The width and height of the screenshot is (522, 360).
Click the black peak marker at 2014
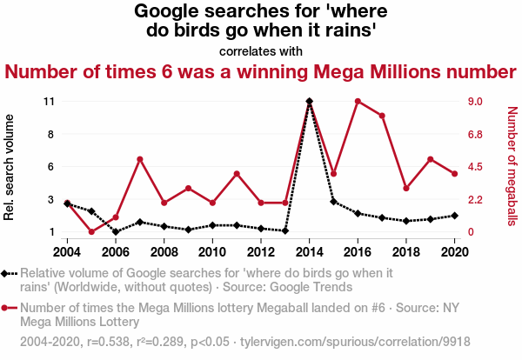tap(310, 102)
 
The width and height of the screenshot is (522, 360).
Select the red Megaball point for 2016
tap(358, 102)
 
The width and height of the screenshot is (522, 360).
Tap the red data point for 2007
tap(140, 159)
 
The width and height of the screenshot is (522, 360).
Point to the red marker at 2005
tap(91, 231)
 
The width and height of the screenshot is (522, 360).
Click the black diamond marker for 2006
tap(116, 232)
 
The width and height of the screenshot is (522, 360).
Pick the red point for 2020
tap(454, 174)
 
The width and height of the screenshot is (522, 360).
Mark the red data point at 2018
tap(406, 188)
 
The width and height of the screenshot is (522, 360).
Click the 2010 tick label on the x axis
tap(212, 251)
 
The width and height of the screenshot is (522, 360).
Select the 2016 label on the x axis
tap(358, 251)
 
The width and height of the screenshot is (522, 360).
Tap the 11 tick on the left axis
tap(49, 102)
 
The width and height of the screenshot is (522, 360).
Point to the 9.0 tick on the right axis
tap(475, 102)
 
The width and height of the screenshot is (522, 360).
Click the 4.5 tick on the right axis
tap(475, 167)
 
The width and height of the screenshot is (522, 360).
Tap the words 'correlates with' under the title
tap(261, 50)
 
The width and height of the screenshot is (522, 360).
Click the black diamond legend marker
tap(8, 274)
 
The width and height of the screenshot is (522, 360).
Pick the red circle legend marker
tap(8, 308)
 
